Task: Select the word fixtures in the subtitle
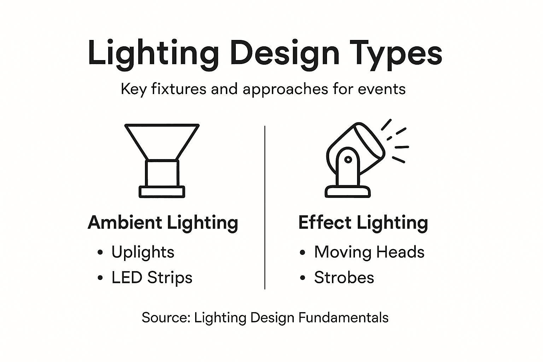[179, 89]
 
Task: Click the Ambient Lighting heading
[163, 223]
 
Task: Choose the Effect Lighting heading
[363, 223]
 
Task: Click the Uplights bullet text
[143, 252]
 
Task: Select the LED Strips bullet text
[152, 278]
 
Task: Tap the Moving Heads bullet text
[369, 252]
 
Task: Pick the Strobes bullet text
[344, 278]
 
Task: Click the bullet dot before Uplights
[100, 253]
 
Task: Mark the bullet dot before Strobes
[302, 278]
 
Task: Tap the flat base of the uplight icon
[162, 192]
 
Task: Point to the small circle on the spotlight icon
[348, 159]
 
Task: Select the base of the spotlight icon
[348, 192]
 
